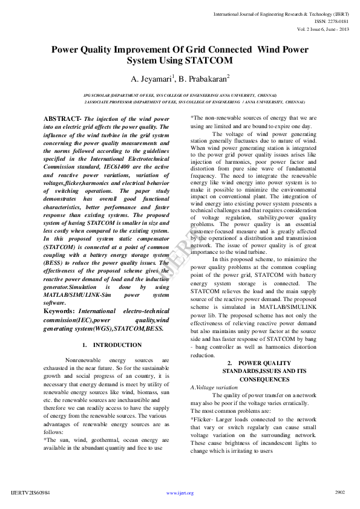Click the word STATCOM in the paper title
point(204,61)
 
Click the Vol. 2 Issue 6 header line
point(323,29)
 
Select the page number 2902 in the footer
point(340,492)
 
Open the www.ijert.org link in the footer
point(180,493)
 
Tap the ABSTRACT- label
point(63,119)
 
